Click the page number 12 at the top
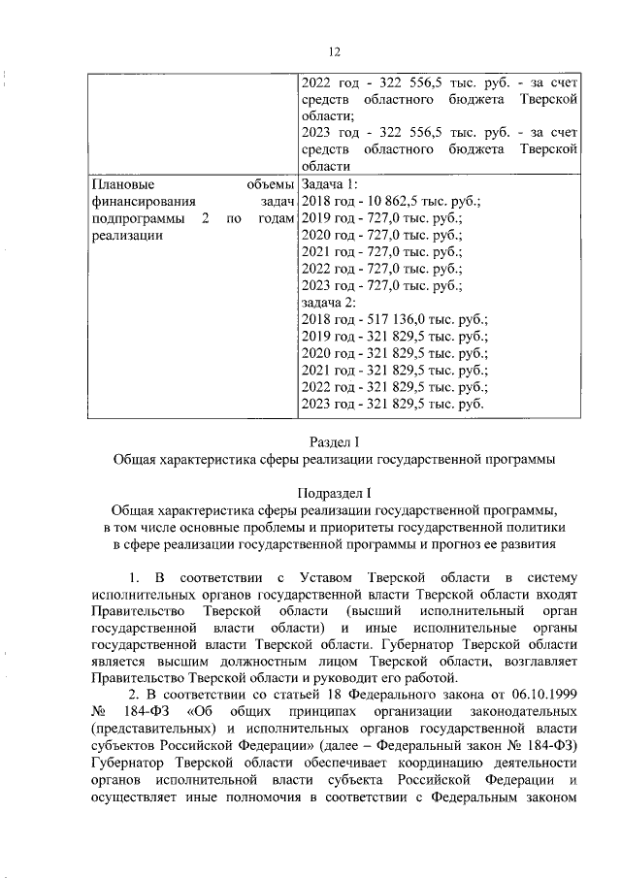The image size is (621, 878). point(335,51)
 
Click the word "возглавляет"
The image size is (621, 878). point(539,661)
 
